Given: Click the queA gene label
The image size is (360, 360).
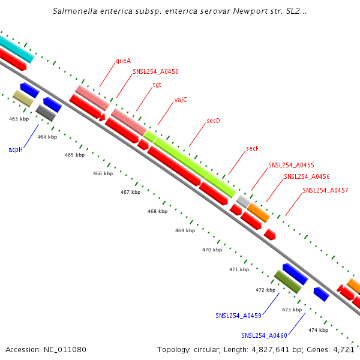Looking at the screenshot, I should tap(124, 61).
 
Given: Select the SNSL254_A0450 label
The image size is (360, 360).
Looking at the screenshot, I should tap(155, 71).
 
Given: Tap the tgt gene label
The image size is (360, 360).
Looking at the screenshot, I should tap(157, 85).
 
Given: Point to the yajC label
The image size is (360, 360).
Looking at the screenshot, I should tap(181, 100).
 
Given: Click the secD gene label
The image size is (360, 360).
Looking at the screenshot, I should tap(213, 121).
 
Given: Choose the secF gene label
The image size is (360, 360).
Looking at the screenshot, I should tap(253, 148).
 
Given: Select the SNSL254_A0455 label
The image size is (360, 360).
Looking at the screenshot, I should tap(291, 164).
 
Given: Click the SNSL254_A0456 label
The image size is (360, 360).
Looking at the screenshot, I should tap(307, 176).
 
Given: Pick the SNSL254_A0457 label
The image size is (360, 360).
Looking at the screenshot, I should tap(325, 190).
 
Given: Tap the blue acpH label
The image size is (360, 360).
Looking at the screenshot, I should tap(16, 149).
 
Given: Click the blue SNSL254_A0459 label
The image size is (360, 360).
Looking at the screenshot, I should tap(238, 315).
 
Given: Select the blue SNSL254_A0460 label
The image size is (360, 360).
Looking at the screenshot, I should tap(265, 335).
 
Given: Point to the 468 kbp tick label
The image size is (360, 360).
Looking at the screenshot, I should tap(157, 211).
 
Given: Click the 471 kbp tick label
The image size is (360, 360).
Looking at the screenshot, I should tap(239, 269).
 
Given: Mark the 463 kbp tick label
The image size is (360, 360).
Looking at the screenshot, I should tap(19, 119).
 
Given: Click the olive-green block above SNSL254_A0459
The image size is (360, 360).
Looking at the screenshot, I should tap(287, 282).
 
